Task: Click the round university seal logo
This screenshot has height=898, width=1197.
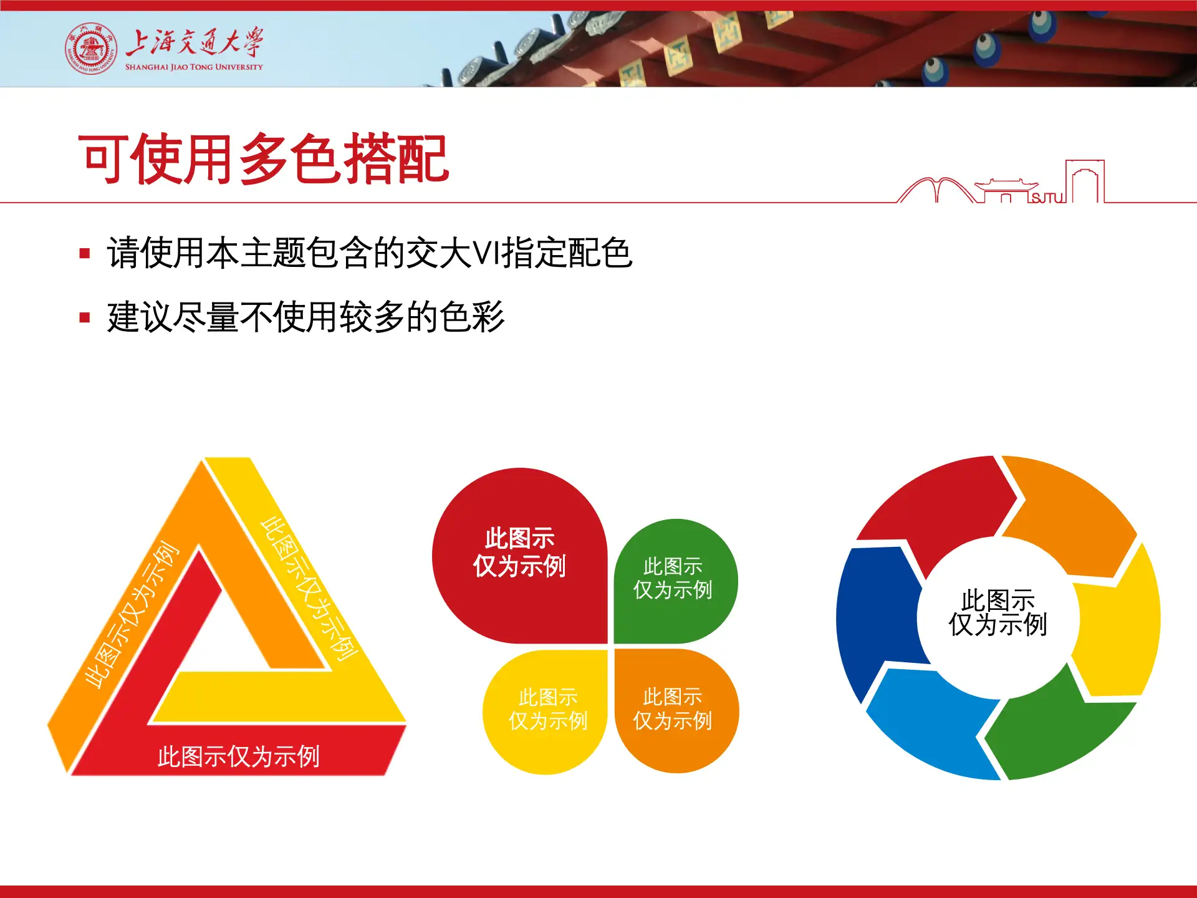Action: [x=91, y=49]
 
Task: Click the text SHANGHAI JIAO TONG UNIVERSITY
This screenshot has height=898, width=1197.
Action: [x=194, y=67]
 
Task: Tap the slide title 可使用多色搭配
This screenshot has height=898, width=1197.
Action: [x=263, y=160]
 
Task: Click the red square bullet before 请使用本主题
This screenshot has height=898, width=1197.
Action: [x=85, y=253]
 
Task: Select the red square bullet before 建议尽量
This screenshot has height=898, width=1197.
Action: [x=85, y=318]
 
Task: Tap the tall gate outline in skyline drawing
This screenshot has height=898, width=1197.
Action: [x=1085, y=181]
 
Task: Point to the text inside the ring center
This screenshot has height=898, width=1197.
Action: [x=997, y=612]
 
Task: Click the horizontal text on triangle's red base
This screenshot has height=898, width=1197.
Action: [x=238, y=756]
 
